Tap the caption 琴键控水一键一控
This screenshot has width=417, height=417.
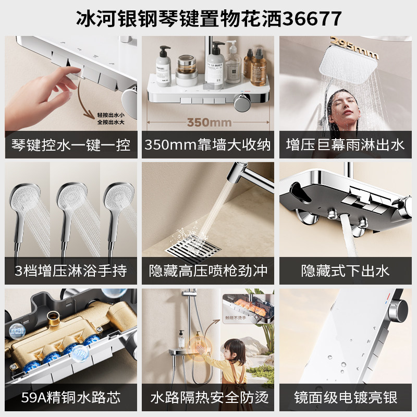(x=71, y=144)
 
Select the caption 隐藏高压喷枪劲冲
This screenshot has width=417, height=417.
(x=208, y=271)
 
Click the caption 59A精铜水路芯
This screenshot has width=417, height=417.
(x=71, y=398)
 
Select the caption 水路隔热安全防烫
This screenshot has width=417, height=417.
(x=208, y=398)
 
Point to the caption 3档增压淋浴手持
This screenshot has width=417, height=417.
(x=71, y=271)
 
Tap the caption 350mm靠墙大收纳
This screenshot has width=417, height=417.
(x=208, y=144)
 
